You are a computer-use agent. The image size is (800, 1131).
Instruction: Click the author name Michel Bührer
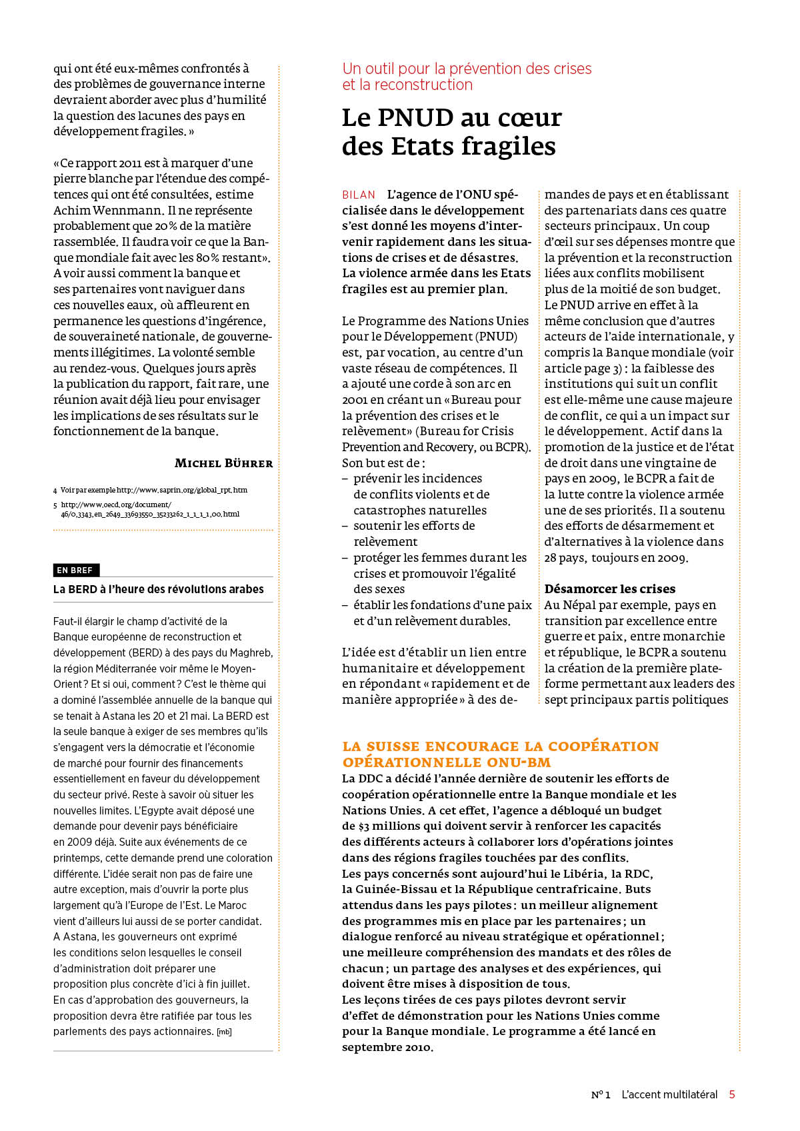point(223,463)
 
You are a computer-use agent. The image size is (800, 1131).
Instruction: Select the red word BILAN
point(359,195)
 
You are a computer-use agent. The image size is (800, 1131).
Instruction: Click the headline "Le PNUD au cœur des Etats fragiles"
point(451,132)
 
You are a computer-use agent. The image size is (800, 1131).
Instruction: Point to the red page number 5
point(732,1094)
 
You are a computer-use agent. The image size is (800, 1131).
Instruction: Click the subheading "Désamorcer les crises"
point(609,589)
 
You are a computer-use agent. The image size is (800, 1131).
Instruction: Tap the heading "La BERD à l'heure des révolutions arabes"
point(159,589)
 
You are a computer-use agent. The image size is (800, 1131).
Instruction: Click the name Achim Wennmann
point(107,211)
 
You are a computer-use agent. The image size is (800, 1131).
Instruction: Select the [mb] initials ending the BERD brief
point(224,1032)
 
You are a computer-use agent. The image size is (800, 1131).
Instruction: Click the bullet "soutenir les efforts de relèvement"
point(413,534)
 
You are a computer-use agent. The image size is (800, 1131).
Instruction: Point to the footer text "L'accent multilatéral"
point(669,1094)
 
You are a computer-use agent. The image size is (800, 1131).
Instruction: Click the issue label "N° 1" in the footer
point(600,1094)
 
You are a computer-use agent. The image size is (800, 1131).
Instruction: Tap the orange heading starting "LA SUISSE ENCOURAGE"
point(500,754)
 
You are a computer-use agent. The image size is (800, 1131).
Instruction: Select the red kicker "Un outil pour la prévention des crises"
point(467,69)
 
